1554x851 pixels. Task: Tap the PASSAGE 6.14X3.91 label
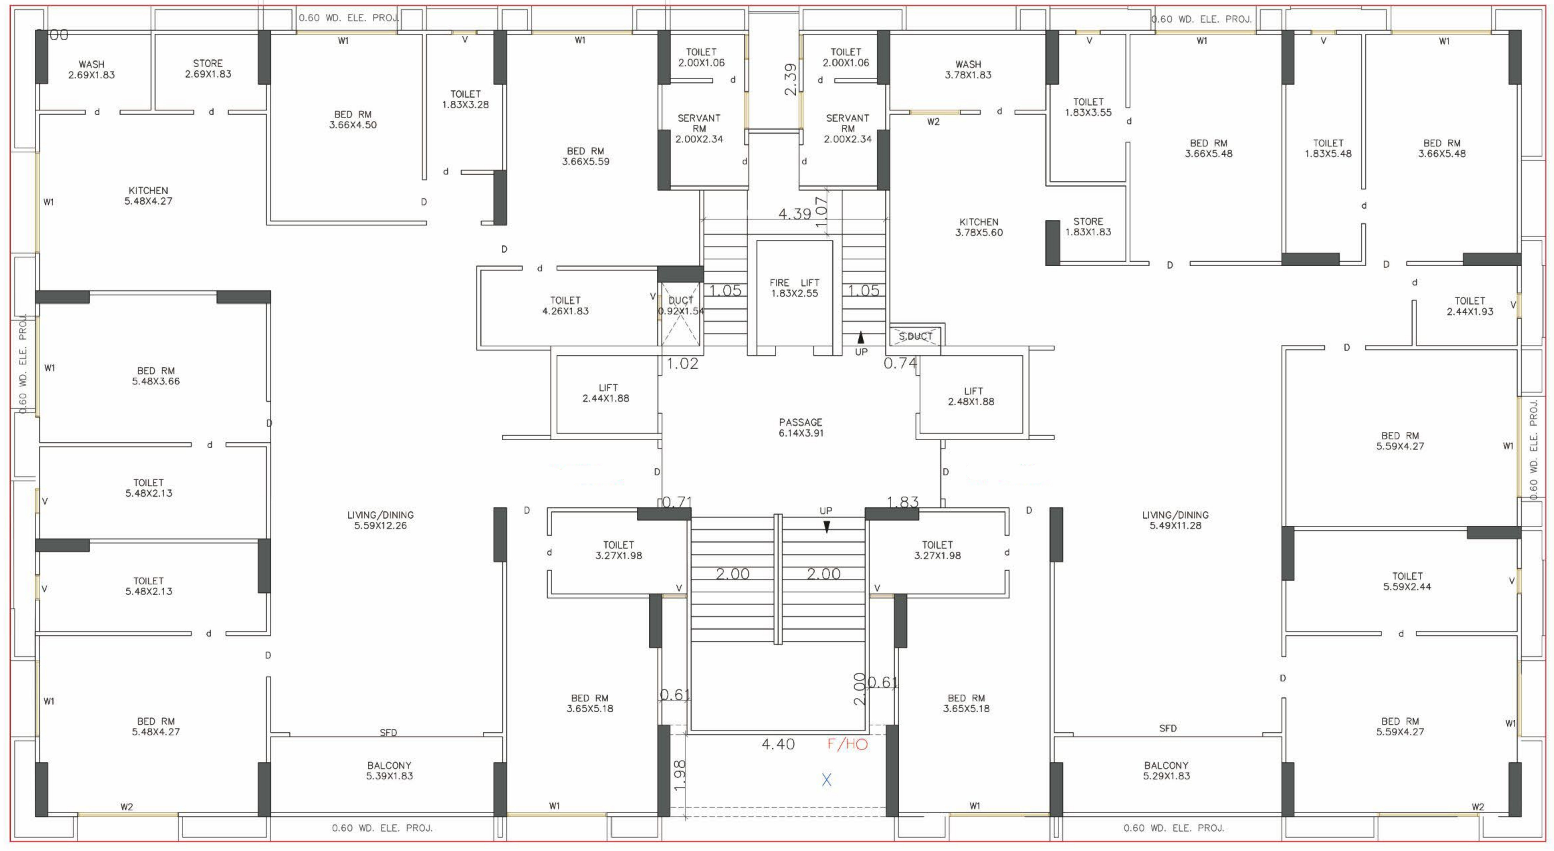click(800, 428)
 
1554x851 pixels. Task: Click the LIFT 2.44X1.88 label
click(606, 393)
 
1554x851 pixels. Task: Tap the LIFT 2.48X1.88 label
click(971, 396)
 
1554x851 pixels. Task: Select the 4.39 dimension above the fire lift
click(794, 214)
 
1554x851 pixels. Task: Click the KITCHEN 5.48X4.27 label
click(148, 196)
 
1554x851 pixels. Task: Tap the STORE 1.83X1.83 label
click(1088, 227)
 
